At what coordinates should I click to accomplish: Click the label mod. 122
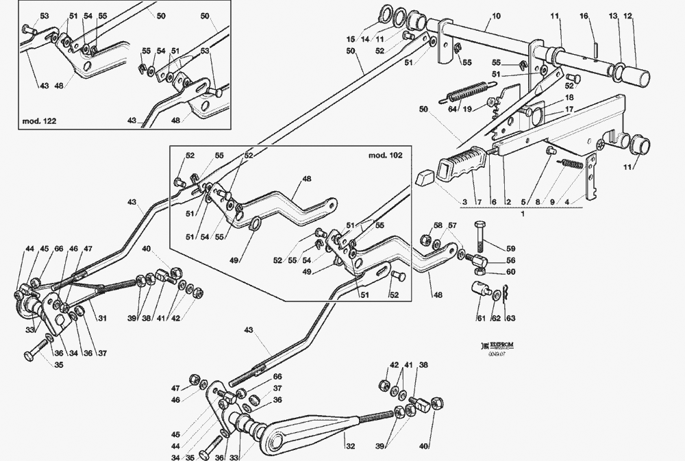pyautogui.click(x=40, y=121)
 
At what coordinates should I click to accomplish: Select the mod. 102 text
pyautogui.click(x=386, y=155)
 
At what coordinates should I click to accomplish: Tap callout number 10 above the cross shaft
pyautogui.click(x=496, y=16)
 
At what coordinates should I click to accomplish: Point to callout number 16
pyautogui.click(x=584, y=16)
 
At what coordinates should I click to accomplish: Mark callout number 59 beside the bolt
pyautogui.click(x=510, y=249)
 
